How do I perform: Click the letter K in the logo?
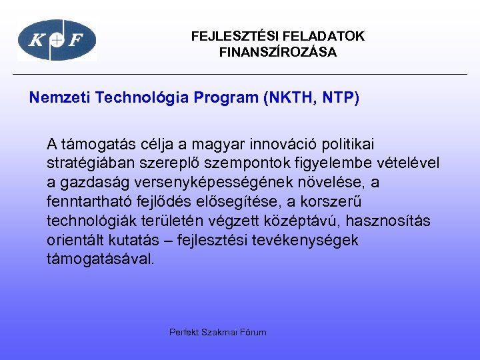click(x=37, y=41)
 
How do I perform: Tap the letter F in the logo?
click(x=77, y=41)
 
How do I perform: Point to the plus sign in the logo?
click(x=57, y=41)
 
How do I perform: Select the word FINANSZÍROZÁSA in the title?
click(x=278, y=53)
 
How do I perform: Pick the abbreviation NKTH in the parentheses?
click(x=289, y=98)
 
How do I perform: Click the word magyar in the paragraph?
click(x=205, y=143)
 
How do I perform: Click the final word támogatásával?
click(x=100, y=259)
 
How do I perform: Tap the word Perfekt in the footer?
click(x=183, y=332)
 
